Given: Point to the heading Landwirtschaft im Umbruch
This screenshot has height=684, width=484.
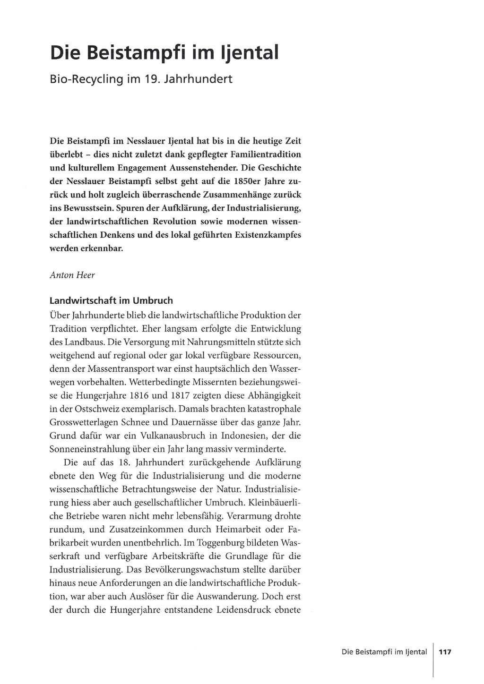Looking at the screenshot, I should pos(111,300).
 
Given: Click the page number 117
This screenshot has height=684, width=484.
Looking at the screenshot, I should pos(445,652).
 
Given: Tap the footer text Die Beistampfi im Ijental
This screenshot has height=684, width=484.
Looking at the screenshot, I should pos(384,652).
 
